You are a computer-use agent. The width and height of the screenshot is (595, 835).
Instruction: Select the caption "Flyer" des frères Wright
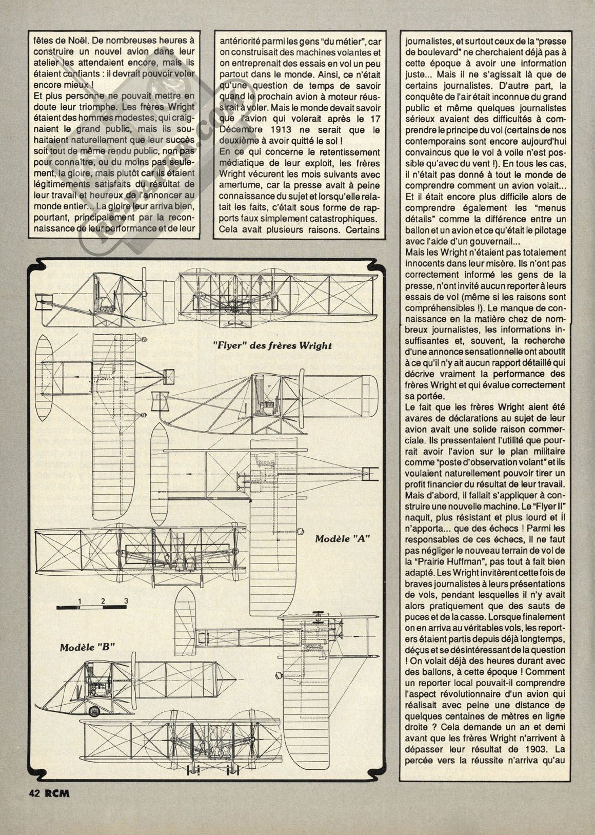pos(272,345)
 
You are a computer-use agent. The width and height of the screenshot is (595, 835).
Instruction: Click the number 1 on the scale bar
pos(81,600)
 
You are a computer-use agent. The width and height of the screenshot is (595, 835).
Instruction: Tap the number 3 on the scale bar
pos(125,600)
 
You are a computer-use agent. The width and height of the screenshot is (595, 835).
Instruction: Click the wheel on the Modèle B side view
pos(94,711)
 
